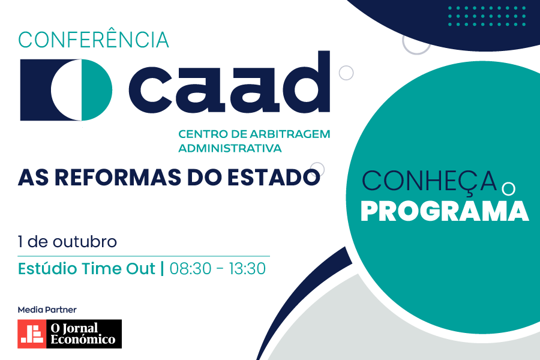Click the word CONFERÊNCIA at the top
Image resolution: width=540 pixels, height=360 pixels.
pos(94,40)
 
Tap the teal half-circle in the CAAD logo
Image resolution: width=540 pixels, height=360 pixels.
pos(96,90)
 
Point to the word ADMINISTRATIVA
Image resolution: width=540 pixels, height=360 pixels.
pos(230,148)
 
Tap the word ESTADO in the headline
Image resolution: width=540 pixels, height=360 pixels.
pos(272,178)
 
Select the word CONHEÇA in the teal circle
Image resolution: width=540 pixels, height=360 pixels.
pos(430,181)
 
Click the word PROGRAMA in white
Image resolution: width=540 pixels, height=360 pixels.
pos(445,211)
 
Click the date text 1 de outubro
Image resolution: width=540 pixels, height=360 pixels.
pos(67,242)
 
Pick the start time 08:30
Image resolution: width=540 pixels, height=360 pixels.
pos(191,269)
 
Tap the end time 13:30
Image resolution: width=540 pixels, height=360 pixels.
pos(245,269)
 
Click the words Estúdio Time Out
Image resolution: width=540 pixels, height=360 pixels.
pos(87,269)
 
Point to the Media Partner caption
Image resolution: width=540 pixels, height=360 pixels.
pos(47,310)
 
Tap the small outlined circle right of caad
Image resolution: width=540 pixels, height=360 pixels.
pos(346,73)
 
